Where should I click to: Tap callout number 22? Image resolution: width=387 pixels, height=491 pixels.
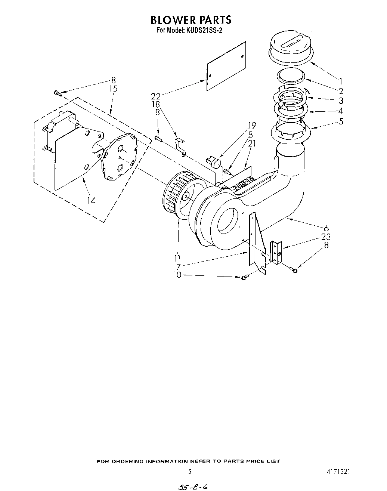coord(156,96)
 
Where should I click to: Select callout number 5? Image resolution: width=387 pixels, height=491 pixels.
coord(340,121)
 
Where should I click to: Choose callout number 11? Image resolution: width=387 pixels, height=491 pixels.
coord(177,258)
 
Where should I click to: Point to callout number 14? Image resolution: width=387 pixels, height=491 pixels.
coord(91,200)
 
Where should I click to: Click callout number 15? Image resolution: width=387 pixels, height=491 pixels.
coord(113,89)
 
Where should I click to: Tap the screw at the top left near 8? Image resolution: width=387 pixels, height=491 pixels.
coord(58,93)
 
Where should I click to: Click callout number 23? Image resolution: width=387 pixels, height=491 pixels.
coord(326,237)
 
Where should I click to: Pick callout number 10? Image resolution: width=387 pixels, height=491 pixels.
coord(177,275)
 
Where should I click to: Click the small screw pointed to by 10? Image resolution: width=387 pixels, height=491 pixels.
coord(245,277)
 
